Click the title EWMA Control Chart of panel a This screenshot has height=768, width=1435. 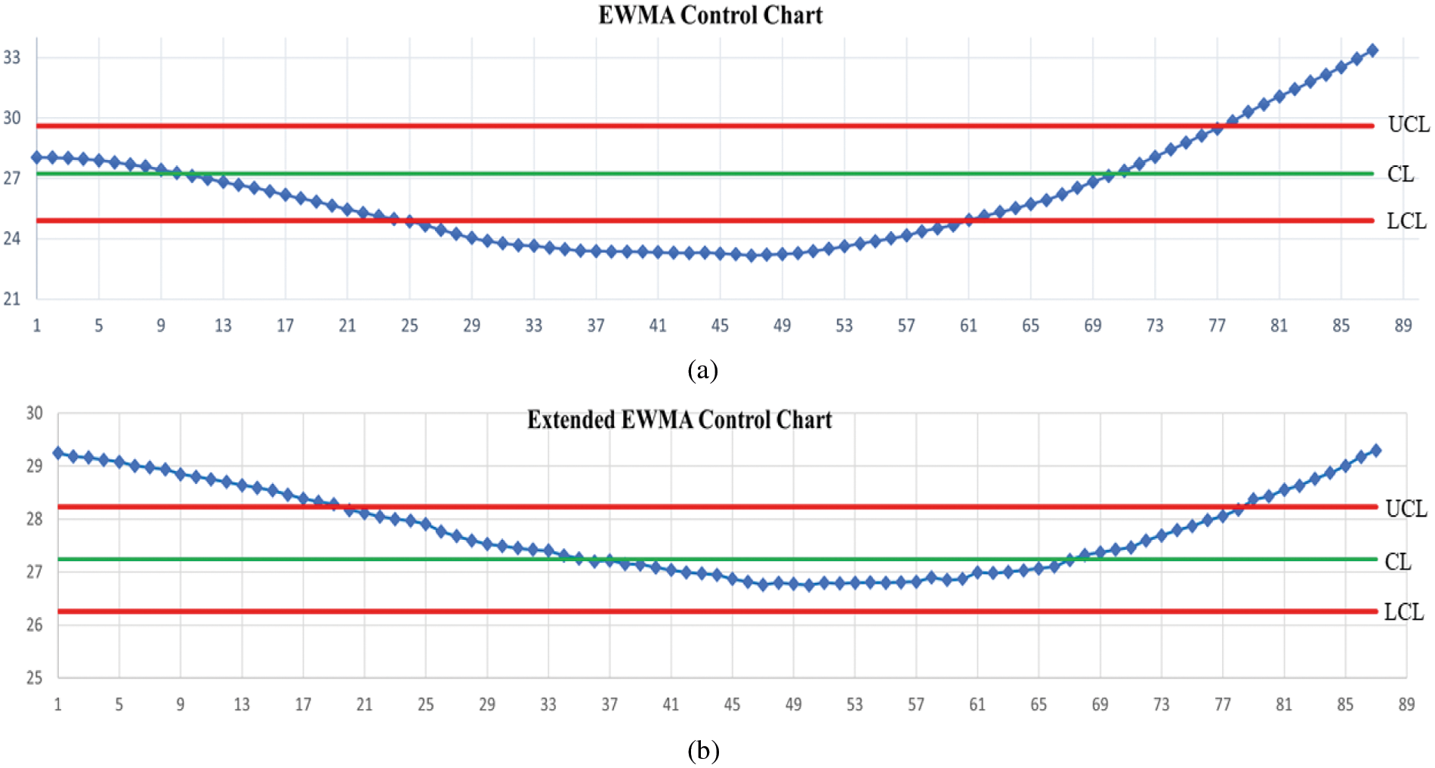coord(710,15)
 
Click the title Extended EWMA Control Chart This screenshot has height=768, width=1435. coord(679,420)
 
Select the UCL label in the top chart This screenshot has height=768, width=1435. coord(1409,125)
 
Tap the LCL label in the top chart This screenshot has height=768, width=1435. coord(1406,221)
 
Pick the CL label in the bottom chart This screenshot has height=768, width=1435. coord(1398,562)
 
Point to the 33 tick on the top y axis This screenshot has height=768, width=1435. coord(12,57)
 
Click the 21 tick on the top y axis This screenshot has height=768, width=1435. coord(12,299)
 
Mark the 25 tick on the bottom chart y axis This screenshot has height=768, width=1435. coord(34,677)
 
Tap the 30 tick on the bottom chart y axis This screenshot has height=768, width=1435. coord(34,413)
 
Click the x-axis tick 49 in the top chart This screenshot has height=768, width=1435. coord(782,325)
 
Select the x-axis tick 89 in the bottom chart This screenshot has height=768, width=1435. coord(1406,705)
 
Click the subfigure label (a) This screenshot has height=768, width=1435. coord(702,370)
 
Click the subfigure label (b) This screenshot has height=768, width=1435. coord(703,751)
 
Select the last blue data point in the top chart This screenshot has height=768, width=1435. coord(1372,51)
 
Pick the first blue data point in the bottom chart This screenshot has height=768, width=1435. coord(58,453)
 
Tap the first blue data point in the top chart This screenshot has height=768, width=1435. coord(37,157)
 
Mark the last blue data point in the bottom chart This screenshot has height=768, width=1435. coord(1375,450)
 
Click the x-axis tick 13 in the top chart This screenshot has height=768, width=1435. coord(223,325)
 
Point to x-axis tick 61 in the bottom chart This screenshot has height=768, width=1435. coord(977,705)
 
